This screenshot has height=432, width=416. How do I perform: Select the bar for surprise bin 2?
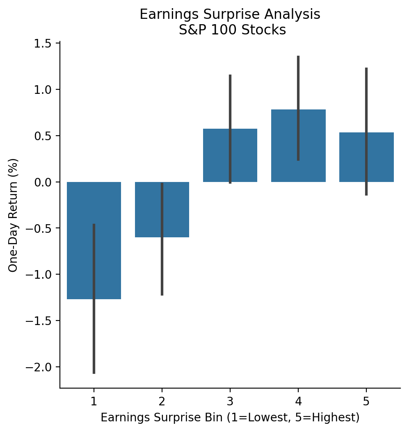pyautogui.click(x=176, y=213)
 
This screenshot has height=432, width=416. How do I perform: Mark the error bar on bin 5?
pyautogui.click(x=366, y=94)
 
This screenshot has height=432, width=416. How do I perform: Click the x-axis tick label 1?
pyautogui.click(x=94, y=400)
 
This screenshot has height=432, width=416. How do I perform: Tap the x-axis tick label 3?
pyautogui.click(x=230, y=400)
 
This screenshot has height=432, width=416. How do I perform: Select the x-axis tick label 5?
pyautogui.click(x=366, y=400)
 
